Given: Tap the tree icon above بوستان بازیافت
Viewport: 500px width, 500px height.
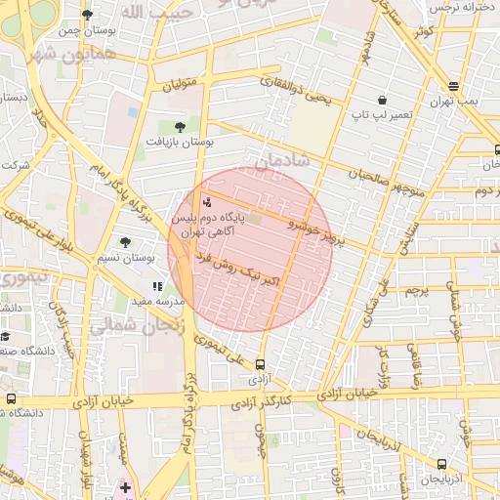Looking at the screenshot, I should [180, 126].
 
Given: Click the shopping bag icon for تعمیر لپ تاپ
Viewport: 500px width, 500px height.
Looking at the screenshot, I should [383, 100].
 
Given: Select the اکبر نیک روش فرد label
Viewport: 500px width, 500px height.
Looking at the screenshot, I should [238, 271].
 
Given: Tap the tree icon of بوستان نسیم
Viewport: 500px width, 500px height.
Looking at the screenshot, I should [125, 242].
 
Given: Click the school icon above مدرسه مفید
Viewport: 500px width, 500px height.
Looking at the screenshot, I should [156, 287].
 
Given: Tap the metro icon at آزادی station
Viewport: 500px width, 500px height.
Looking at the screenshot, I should [259, 364].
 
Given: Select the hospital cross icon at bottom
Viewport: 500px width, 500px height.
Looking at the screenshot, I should [125, 485].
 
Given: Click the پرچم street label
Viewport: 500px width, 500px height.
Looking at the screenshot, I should [416, 290].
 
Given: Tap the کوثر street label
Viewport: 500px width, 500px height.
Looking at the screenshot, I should [422, 30].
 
